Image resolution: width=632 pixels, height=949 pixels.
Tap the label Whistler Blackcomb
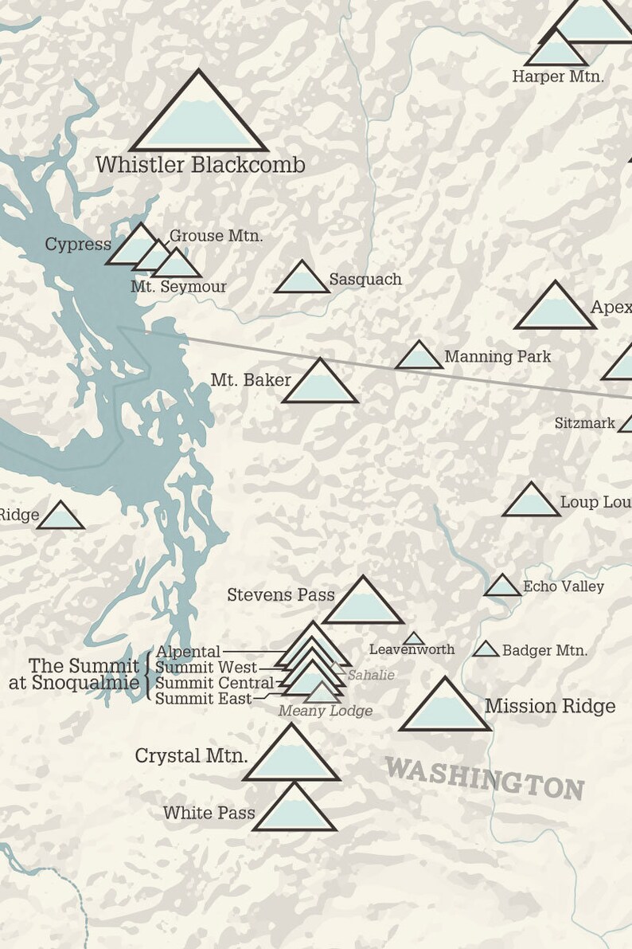201,165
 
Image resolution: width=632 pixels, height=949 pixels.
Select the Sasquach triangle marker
302,280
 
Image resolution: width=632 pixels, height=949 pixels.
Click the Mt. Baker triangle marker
320,384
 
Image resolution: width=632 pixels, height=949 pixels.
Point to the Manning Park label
497,356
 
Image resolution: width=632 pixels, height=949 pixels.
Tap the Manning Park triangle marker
419,358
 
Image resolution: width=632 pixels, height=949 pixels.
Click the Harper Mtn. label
558,76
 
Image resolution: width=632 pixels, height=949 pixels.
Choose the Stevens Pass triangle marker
363,604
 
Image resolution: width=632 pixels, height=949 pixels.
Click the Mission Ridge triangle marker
445,708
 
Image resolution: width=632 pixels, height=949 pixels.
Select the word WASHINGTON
485,778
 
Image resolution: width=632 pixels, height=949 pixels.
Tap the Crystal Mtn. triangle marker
291,757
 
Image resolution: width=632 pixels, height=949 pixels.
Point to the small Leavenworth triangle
413,639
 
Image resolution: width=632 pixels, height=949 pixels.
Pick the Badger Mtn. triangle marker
486,649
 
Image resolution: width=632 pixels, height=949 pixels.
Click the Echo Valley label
563,586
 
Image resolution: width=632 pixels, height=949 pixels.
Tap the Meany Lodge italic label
325,711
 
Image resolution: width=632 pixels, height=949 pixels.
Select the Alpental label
188,653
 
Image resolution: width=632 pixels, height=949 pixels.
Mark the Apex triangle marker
555,309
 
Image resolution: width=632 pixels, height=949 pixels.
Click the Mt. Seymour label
178,287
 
